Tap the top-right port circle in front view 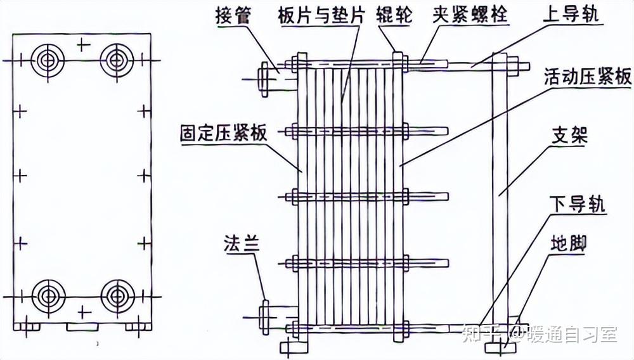point(116,60)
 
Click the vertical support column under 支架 point(499,190)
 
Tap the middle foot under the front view point(82,326)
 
